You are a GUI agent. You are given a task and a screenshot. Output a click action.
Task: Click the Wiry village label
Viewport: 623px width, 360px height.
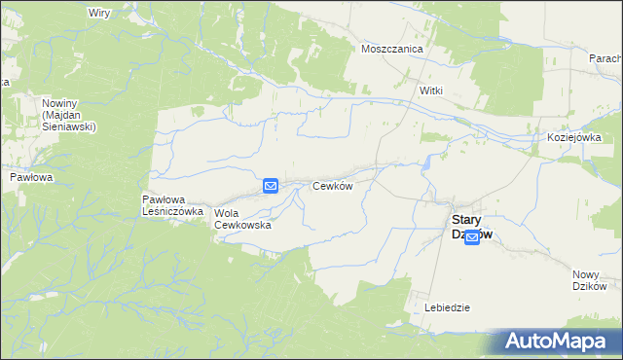(98, 13)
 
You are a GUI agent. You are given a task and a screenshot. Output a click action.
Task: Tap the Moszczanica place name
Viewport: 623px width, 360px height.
(389, 48)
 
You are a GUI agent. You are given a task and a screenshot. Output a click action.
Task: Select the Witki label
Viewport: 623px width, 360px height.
(430, 90)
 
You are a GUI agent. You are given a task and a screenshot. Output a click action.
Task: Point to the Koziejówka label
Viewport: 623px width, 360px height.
(574, 138)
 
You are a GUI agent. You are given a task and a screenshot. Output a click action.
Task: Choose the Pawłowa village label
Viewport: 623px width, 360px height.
(30, 178)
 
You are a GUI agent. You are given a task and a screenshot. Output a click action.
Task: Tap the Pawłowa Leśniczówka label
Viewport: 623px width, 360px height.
(172, 204)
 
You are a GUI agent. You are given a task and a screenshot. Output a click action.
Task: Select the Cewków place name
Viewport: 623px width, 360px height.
(331, 185)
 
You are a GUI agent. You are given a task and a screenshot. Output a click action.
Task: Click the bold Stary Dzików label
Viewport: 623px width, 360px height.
(472, 226)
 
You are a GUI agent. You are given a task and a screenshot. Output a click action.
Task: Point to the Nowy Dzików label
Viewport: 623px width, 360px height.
(590, 279)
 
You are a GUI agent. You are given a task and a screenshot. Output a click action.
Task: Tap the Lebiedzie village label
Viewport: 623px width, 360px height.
(448, 307)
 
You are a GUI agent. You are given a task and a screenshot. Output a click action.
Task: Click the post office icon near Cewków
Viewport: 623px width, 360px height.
(271, 185)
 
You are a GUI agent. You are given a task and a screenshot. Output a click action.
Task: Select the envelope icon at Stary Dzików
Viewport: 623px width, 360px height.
(472, 236)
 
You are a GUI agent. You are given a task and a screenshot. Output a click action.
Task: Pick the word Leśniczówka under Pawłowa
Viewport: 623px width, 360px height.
(172, 210)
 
